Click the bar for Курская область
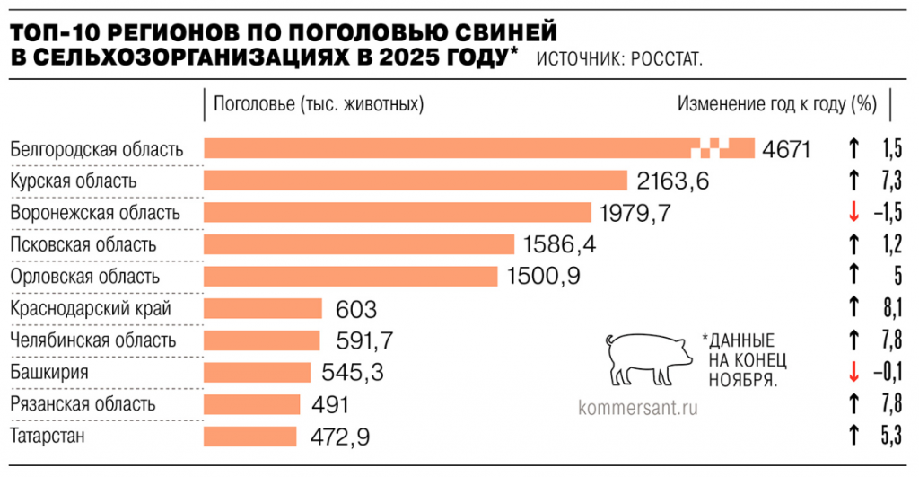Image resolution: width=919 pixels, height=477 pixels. [x=416, y=181]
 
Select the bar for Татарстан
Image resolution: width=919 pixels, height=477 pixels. [x=250, y=437]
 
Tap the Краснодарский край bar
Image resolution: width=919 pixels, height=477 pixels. [x=263, y=309]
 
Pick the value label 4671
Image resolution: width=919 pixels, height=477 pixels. [x=786, y=149]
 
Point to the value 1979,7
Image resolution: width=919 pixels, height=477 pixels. [x=635, y=213]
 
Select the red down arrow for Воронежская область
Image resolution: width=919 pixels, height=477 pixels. [x=854, y=213]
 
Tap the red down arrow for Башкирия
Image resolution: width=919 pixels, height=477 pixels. [x=854, y=372]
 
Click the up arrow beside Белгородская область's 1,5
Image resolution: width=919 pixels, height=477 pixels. [x=854, y=149]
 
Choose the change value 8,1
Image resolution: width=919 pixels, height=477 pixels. [x=891, y=309]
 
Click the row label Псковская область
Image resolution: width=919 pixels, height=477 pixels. [x=83, y=244]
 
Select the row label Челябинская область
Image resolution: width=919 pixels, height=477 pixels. [x=92, y=340]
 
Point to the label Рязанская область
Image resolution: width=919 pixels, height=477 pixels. [x=83, y=404]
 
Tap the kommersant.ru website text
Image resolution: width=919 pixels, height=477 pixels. [x=639, y=406]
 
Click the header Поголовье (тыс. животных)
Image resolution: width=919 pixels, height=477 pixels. [x=318, y=104]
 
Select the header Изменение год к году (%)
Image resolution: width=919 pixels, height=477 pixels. [x=776, y=104]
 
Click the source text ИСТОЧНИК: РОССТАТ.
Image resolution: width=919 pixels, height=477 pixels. [x=619, y=59]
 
